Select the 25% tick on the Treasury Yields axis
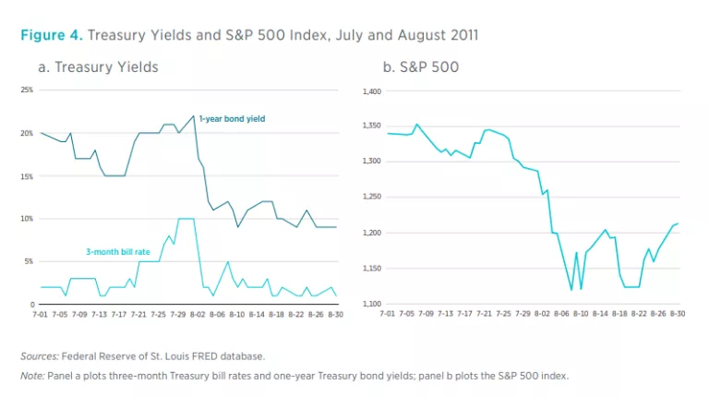(x=28, y=90)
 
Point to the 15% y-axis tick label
(x=28, y=176)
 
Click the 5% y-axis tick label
(x=30, y=262)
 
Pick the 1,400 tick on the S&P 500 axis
(x=370, y=91)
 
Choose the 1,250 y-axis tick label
(x=370, y=198)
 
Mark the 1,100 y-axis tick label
(x=370, y=305)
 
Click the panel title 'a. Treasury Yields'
(x=98, y=67)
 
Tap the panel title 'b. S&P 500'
(x=420, y=67)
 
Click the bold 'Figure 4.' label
(x=52, y=35)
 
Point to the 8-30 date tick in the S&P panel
(x=678, y=315)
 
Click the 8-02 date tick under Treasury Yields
(x=198, y=315)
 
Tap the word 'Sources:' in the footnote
(x=40, y=355)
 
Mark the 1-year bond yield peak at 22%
(x=194, y=116)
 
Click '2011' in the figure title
(x=462, y=35)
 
